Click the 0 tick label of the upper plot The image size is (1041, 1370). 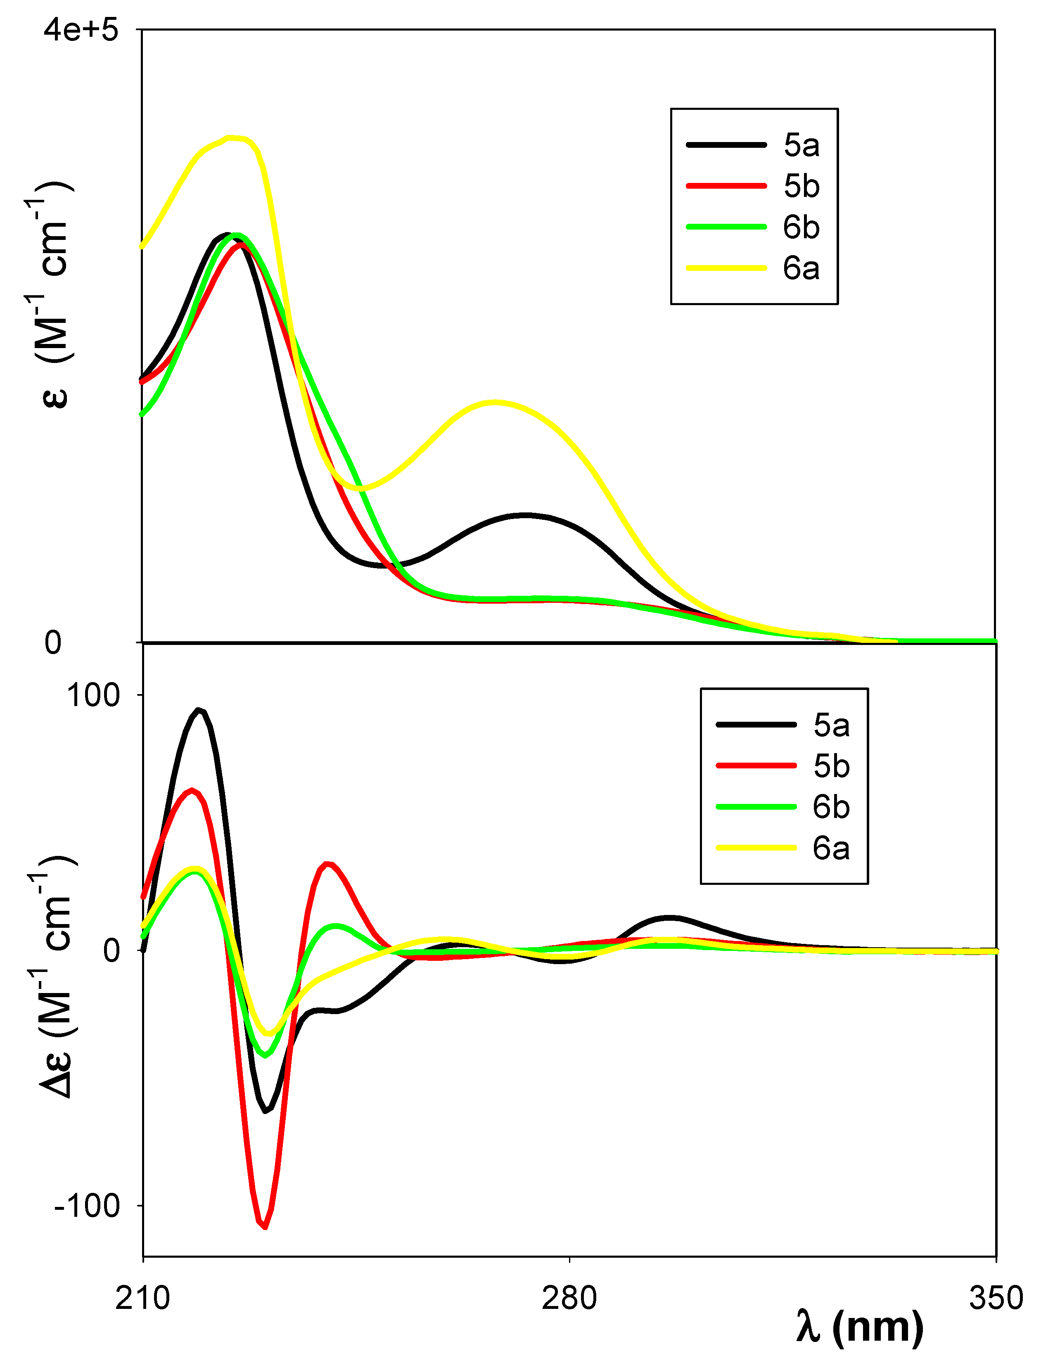point(53,642)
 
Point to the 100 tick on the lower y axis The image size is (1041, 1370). point(93,695)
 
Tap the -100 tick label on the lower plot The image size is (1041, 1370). point(87,1205)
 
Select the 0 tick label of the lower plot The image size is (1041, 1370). point(111,950)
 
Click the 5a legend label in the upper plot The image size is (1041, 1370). point(801,145)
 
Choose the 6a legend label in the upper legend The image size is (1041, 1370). point(801,268)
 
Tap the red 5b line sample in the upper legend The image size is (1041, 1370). point(726,186)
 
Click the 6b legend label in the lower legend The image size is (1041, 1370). point(831,807)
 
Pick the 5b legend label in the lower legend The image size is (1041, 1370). point(831,766)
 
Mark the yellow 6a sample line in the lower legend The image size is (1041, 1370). point(756,848)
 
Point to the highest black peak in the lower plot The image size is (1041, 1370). point(198,711)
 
